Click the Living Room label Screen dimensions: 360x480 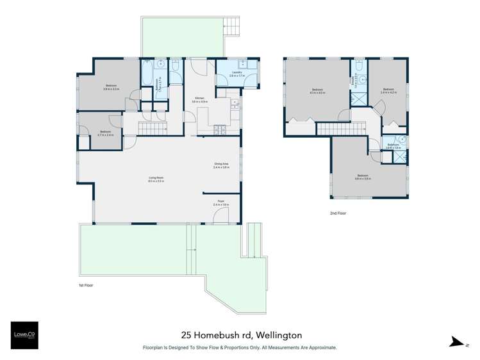tap(156, 180)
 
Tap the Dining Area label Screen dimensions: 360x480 tap(222, 165)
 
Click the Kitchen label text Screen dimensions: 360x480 tap(199, 100)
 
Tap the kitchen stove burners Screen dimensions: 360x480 tap(222, 129)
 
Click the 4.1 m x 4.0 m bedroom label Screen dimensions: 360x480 tap(317, 91)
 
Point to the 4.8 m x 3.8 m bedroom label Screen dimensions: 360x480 tap(363, 177)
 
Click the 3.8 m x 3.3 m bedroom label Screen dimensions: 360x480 tap(111, 87)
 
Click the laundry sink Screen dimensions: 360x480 tap(242, 64)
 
